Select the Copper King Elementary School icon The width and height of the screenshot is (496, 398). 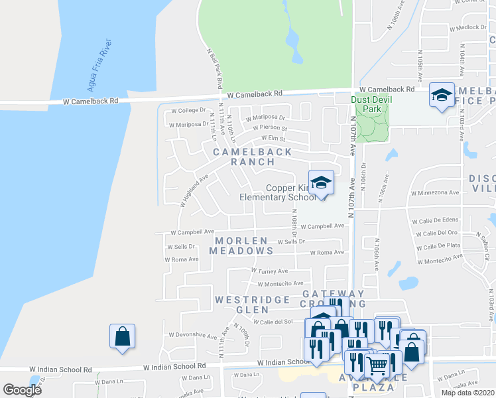coord(321,182)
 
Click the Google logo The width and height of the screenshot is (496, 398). coord(22,389)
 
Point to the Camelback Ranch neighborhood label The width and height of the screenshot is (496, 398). coord(243,157)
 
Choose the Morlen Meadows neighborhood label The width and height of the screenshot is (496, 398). coord(241,245)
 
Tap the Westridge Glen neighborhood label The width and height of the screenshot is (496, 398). coord(242,304)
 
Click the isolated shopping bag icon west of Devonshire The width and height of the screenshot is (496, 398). coord(123,336)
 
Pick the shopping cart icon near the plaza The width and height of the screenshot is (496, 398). coord(377,363)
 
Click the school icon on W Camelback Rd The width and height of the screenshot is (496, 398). coord(441,95)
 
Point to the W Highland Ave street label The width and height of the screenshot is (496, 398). coord(194,190)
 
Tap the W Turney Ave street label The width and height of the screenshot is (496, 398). coord(269,271)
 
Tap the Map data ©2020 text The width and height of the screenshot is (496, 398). coord(467,393)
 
